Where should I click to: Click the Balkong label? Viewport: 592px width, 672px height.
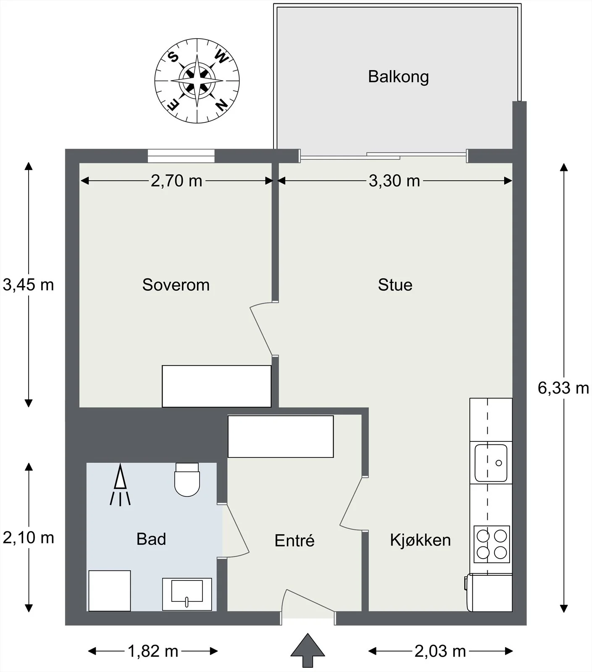pyautogui.click(x=398, y=77)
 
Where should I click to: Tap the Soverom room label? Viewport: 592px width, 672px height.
pyautogui.click(x=176, y=285)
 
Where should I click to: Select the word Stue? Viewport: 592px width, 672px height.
pyautogui.click(x=395, y=285)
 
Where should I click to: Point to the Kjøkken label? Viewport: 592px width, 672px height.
pyautogui.click(x=420, y=540)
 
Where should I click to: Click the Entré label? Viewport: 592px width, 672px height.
pyautogui.click(x=294, y=540)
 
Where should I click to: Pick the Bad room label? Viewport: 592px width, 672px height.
pyautogui.click(x=151, y=539)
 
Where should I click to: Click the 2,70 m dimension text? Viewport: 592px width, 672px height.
pyautogui.click(x=176, y=181)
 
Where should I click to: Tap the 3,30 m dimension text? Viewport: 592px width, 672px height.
pyautogui.click(x=394, y=181)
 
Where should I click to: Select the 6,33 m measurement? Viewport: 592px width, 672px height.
pyautogui.click(x=563, y=388)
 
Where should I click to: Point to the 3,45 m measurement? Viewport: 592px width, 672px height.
pyautogui.click(x=28, y=285)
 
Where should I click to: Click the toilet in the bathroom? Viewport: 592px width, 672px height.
pyautogui.click(x=187, y=480)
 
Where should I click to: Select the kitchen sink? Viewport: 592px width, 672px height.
pyautogui.click(x=491, y=463)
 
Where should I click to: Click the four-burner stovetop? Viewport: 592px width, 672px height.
pyautogui.click(x=492, y=544)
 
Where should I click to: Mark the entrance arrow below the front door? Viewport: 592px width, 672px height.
pyautogui.click(x=308, y=650)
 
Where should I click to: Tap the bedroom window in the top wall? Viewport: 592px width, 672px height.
pyautogui.click(x=181, y=156)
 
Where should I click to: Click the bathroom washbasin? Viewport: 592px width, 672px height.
pyautogui.click(x=187, y=594)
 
